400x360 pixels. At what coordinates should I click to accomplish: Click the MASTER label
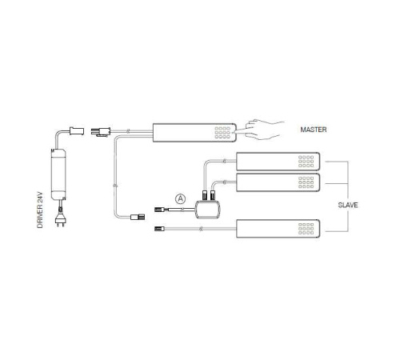[x=314, y=130]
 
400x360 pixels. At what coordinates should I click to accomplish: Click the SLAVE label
[x=348, y=205]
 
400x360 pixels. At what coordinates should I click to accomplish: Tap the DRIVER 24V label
[x=40, y=210]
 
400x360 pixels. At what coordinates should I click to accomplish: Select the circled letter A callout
[x=181, y=198]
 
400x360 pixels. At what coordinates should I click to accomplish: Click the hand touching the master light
[x=262, y=130]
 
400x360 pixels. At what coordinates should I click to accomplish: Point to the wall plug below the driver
[x=60, y=218]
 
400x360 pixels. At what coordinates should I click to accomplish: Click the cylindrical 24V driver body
[x=58, y=174]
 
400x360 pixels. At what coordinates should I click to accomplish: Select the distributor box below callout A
[x=208, y=210]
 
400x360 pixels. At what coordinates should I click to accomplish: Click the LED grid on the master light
[x=222, y=133]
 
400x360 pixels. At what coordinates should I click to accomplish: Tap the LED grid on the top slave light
[x=306, y=162]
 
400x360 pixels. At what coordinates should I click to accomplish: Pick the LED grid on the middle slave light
[x=306, y=182]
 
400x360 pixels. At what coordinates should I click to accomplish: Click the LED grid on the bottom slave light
[x=306, y=229]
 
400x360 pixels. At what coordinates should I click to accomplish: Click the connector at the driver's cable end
[x=77, y=131]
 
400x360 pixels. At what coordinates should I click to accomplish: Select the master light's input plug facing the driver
[x=101, y=132]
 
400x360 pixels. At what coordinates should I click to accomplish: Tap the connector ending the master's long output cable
[x=138, y=217]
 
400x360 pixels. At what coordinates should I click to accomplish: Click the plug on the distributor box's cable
[x=159, y=210]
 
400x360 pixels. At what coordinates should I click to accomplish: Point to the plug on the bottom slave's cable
[x=159, y=229]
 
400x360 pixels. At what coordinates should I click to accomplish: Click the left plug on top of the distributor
[x=205, y=195]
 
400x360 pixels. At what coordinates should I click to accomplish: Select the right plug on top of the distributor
[x=212, y=195]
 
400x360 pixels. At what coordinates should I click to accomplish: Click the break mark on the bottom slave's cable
[x=201, y=229]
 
